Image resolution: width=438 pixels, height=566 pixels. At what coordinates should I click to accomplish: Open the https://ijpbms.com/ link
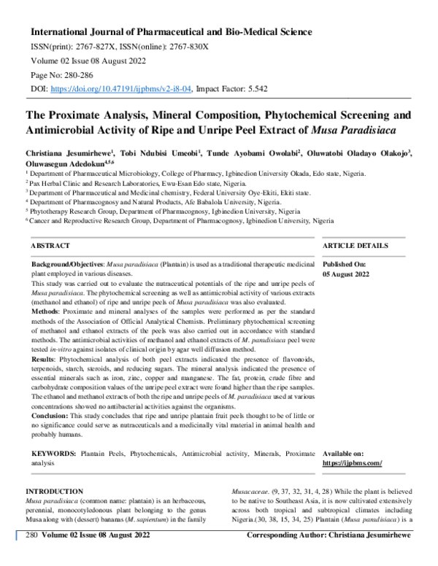point(352,462)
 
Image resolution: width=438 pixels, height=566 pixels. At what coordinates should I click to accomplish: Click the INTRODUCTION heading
point(64,492)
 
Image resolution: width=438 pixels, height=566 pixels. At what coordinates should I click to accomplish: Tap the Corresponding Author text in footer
point(299,557)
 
